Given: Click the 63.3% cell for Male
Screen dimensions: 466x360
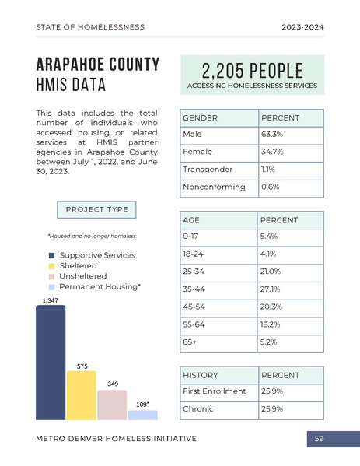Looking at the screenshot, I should point(272,135).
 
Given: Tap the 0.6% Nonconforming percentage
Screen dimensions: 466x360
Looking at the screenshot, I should point(270,187).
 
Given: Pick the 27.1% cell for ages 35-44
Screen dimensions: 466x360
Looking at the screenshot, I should point(271,289).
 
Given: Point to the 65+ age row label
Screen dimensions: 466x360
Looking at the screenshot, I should point(190,342).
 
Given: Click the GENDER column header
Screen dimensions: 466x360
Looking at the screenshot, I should point(200,117).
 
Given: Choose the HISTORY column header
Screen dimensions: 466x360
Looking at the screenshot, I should point(200,375).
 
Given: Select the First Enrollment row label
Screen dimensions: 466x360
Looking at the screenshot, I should point(214,391).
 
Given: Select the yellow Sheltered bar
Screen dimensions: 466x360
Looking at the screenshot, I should point(81,395).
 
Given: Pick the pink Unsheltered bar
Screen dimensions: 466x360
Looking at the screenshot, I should point(112,405).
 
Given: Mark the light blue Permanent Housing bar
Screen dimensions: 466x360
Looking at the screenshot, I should point(142,415).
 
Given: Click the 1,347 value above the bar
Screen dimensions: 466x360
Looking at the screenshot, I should point(49,300).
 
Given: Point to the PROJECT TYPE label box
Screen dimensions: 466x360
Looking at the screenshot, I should point(97,210).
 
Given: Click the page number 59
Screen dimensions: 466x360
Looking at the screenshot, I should point(319,440).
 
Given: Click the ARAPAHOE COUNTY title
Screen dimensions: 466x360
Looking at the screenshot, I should point(98,64).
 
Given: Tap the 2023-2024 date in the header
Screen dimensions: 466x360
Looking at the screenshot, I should point(302,27).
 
